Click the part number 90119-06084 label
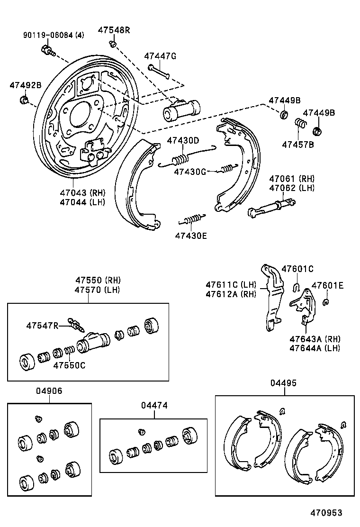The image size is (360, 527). pyautogui.click(x=47, y=35)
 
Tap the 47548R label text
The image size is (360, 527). pyautogui.click(x=114, y=30)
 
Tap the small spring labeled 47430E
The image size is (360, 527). pyautogui.click(x=192, y=219)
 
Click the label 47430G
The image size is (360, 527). pyautogui.click(x=189, y=171)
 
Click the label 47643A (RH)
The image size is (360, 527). pyautogui.click(x=315, y=339)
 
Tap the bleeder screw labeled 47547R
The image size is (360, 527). pyautogui.click(x=76, y=325)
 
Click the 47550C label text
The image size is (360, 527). pyautogui.click(x=69, y=365)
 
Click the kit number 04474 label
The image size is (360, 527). pyautogui.click(x=154, y=406)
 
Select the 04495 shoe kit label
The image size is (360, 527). pyautogui.click(x=284, y=383)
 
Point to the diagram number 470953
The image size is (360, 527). pyautogui.click(x=326, y=513)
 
